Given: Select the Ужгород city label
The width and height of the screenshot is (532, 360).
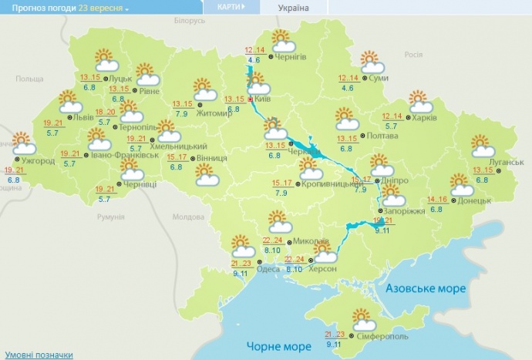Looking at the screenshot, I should [x=38, y=160].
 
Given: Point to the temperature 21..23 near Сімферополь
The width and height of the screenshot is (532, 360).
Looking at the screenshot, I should [x=335, y=334].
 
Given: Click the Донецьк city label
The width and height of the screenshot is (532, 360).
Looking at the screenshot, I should [x=475, y=200].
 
